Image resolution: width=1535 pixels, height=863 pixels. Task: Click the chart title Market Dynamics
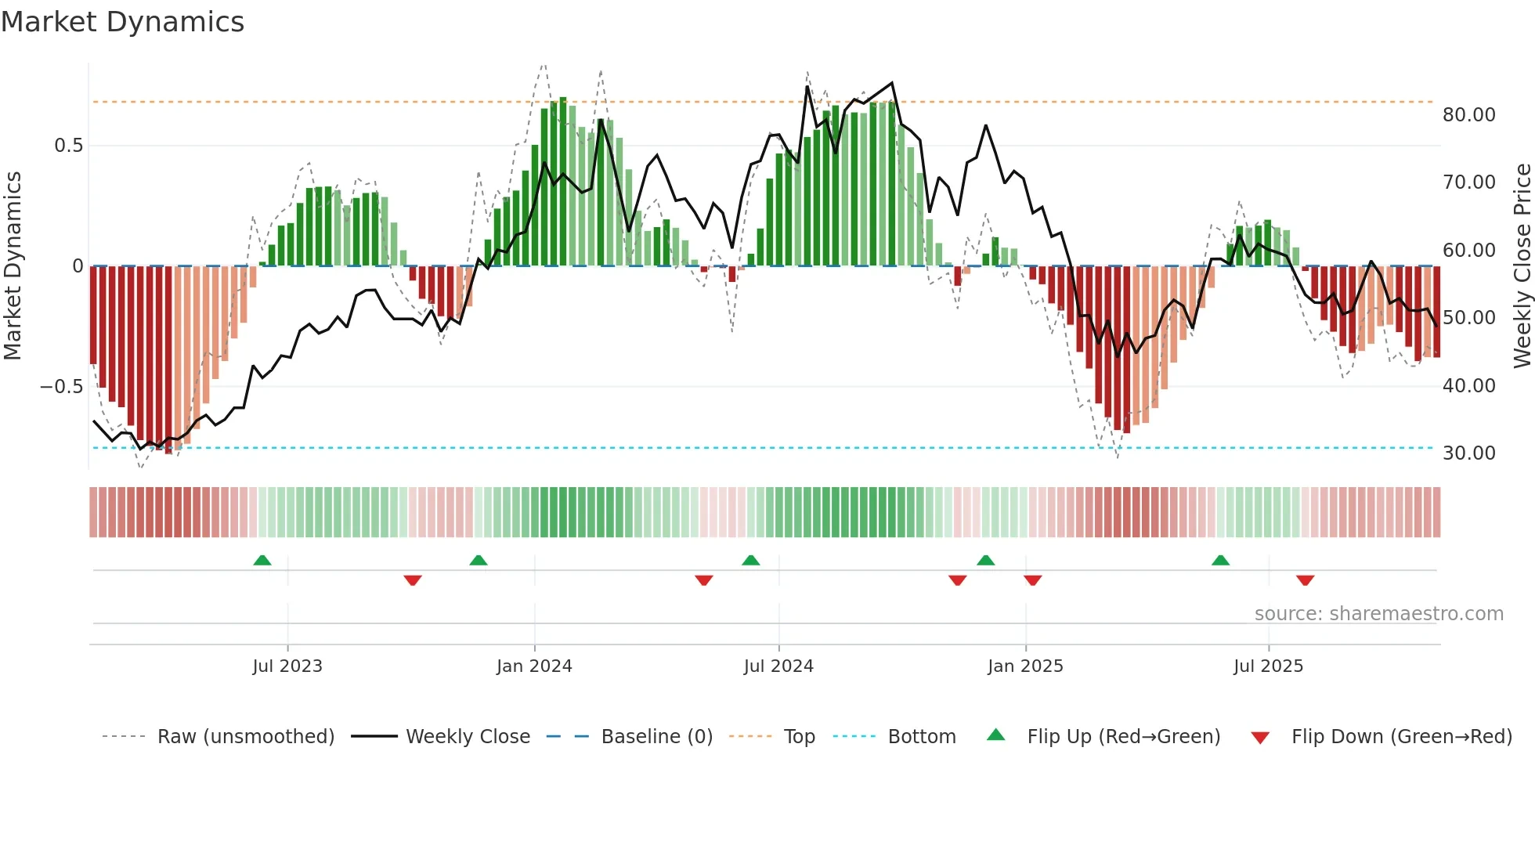[122, 22]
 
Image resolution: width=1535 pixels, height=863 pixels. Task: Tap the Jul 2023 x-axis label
[287, 666]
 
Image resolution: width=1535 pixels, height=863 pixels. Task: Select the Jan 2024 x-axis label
[534, 666]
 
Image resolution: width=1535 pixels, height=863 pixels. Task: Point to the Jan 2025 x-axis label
[1025, 666]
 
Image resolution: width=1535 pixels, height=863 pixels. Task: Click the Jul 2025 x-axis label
[1268, 666]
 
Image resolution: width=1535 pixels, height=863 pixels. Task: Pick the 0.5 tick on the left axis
[68, 146]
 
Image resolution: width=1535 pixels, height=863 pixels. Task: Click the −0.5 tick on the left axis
[61, 387]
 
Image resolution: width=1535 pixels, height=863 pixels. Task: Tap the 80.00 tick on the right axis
[1468, 115]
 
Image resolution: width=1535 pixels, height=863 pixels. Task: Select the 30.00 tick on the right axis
[1468, 453]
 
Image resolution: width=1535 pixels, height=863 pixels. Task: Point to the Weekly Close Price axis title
[1522, 265]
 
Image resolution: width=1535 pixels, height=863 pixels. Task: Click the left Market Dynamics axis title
[13, 265]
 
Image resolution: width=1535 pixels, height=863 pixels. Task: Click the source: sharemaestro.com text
[1378, 614]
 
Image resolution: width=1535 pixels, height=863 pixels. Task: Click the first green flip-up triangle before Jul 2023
[262, 561]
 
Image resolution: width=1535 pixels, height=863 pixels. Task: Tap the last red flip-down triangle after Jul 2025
[1305, 580]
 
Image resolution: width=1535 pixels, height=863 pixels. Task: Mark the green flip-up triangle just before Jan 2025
[986, 561]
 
